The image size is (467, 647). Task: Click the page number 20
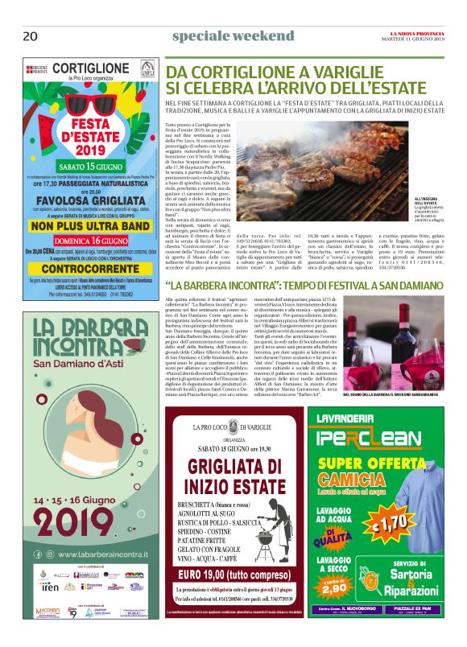(x=31, y=35)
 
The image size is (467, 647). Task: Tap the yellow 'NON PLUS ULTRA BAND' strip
(x=90, y=227)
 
